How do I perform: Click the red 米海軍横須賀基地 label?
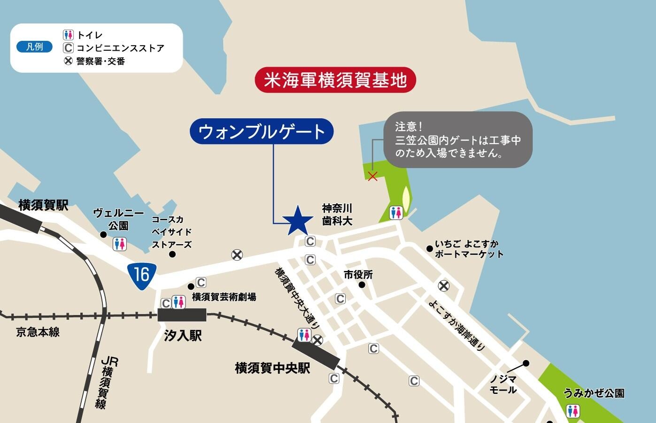coord(335,80)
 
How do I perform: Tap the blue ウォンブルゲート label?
coord(262,131)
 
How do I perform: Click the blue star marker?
coord(298,220)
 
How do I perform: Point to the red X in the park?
coord(372,177)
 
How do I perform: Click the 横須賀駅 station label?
coord(44,205)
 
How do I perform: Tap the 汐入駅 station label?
coord(183,335)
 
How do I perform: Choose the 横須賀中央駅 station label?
coord(272,368)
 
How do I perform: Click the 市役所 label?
coord(358,274)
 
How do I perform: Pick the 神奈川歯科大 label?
coord(337,214)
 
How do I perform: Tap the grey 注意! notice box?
coord(458,139)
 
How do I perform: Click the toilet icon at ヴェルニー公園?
coord(120,244)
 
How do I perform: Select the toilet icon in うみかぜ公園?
coord(572,411)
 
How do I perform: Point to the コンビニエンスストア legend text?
coord(120,48)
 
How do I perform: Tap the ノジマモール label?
coord(503,385)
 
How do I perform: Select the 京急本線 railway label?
coord(38,332)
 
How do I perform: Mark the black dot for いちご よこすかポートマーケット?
coord(429,248)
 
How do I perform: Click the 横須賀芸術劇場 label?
coord(224,297)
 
